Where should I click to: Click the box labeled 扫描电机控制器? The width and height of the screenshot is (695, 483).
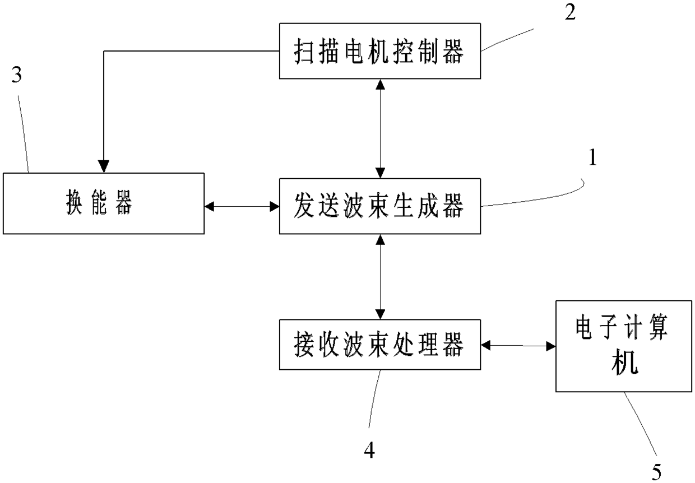pyautogui.click(x=380, y=51)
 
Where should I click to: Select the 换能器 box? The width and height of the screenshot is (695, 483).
pyautogui.click(x=104, y=203)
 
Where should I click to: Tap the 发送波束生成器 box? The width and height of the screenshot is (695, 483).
pyautogui.click(x=380, y=206)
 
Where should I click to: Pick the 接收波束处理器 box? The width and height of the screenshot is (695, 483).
pyautogui.click(x=380, y=345)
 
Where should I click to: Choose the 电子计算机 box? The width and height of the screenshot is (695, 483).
pyautogui.click(x=624, y=346)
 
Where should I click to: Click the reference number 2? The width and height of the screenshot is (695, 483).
pyautogui.click(x=570, y=12)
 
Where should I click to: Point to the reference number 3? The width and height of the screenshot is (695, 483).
pyautogui.click(x=16, y=75)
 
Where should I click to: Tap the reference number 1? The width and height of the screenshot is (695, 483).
pyautogui.click(x=592, y=157)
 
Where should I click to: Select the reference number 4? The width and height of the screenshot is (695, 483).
pyautogui.click(x=369, y=450)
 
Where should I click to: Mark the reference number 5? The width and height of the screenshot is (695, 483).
pyautogui.click(x=656, y=472)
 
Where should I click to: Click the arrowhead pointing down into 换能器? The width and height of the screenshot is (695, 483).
pyautogui.click(x=104, y=166)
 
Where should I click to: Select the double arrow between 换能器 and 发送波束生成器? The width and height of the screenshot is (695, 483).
pyautogui.click(x=242, y=206)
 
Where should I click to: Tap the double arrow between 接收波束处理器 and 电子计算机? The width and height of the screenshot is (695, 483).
pyautogui.click(x=518, y=345)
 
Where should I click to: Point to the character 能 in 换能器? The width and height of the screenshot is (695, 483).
pyautogui.click(x=100, y=203)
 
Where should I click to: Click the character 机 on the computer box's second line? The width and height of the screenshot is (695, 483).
pyautogui.click(x=624, y=363)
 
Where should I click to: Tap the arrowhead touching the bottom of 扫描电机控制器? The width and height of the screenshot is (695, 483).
pyautogui.click(x=380, y=85)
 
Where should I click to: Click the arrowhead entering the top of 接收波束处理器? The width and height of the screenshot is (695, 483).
pyautogui.click(x=380, y=314)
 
